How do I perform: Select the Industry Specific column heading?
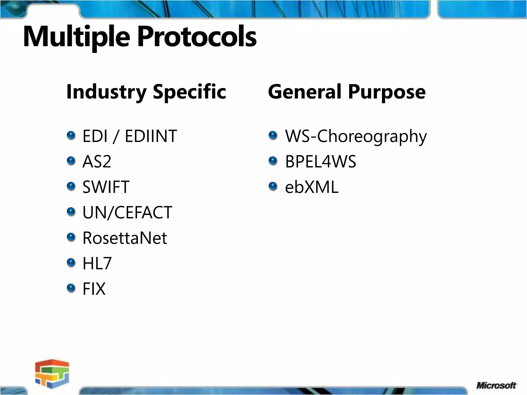(146, 92)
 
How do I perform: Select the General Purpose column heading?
(347, 92)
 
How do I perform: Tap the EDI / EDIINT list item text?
(129, 136)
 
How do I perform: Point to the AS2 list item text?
(97, 162)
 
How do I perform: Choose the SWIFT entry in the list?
(106, 187)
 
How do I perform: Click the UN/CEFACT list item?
(127, 213)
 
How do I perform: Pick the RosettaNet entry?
(125, 238)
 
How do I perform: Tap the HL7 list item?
(97, 263)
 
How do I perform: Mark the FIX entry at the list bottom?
(94, 289)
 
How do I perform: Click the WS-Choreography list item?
(356, 136)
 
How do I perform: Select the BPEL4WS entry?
(321, 162)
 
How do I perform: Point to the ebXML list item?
(312, 187)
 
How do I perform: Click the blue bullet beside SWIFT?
(71, 186)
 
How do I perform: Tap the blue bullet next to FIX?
(71, 288)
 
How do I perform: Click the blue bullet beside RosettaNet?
(71, 237)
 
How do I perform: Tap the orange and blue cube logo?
(52, 374)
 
